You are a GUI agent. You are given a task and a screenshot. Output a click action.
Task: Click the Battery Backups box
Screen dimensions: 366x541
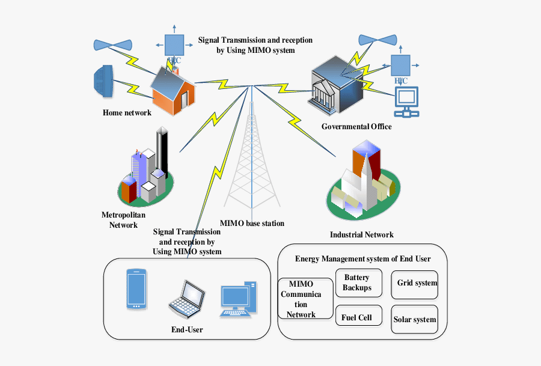coord(357,282)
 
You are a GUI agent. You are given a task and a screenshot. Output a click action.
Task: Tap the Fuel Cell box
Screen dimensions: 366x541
coord(357,317)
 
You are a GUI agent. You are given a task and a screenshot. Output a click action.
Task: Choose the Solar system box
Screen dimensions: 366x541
coord(414,319)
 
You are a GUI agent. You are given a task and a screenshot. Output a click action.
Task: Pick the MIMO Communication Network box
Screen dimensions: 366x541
coord(305,298)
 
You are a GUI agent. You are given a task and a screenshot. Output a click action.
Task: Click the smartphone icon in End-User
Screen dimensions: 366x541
coord(136,289)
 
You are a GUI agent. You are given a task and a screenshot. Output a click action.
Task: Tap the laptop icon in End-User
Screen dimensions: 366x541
coord(187,299)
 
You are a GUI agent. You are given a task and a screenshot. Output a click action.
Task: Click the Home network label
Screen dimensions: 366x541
coord(127,112)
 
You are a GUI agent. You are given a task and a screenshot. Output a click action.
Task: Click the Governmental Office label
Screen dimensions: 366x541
coord(356,127)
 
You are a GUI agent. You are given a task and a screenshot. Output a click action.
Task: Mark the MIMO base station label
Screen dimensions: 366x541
coord(252,224)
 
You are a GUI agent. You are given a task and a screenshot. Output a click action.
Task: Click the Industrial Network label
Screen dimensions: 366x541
coord(361,234)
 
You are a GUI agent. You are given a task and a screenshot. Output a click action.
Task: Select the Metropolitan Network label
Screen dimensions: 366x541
coord(123,220)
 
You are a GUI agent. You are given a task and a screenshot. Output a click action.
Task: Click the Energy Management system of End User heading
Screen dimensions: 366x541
coord(362,258)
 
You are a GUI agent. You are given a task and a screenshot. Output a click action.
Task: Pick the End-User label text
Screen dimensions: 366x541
coord(187,329)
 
